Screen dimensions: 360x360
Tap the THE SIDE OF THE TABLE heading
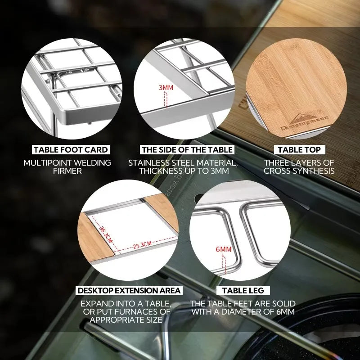(x=187, y=149)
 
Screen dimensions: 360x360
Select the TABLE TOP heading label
(x=299, y=149)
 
